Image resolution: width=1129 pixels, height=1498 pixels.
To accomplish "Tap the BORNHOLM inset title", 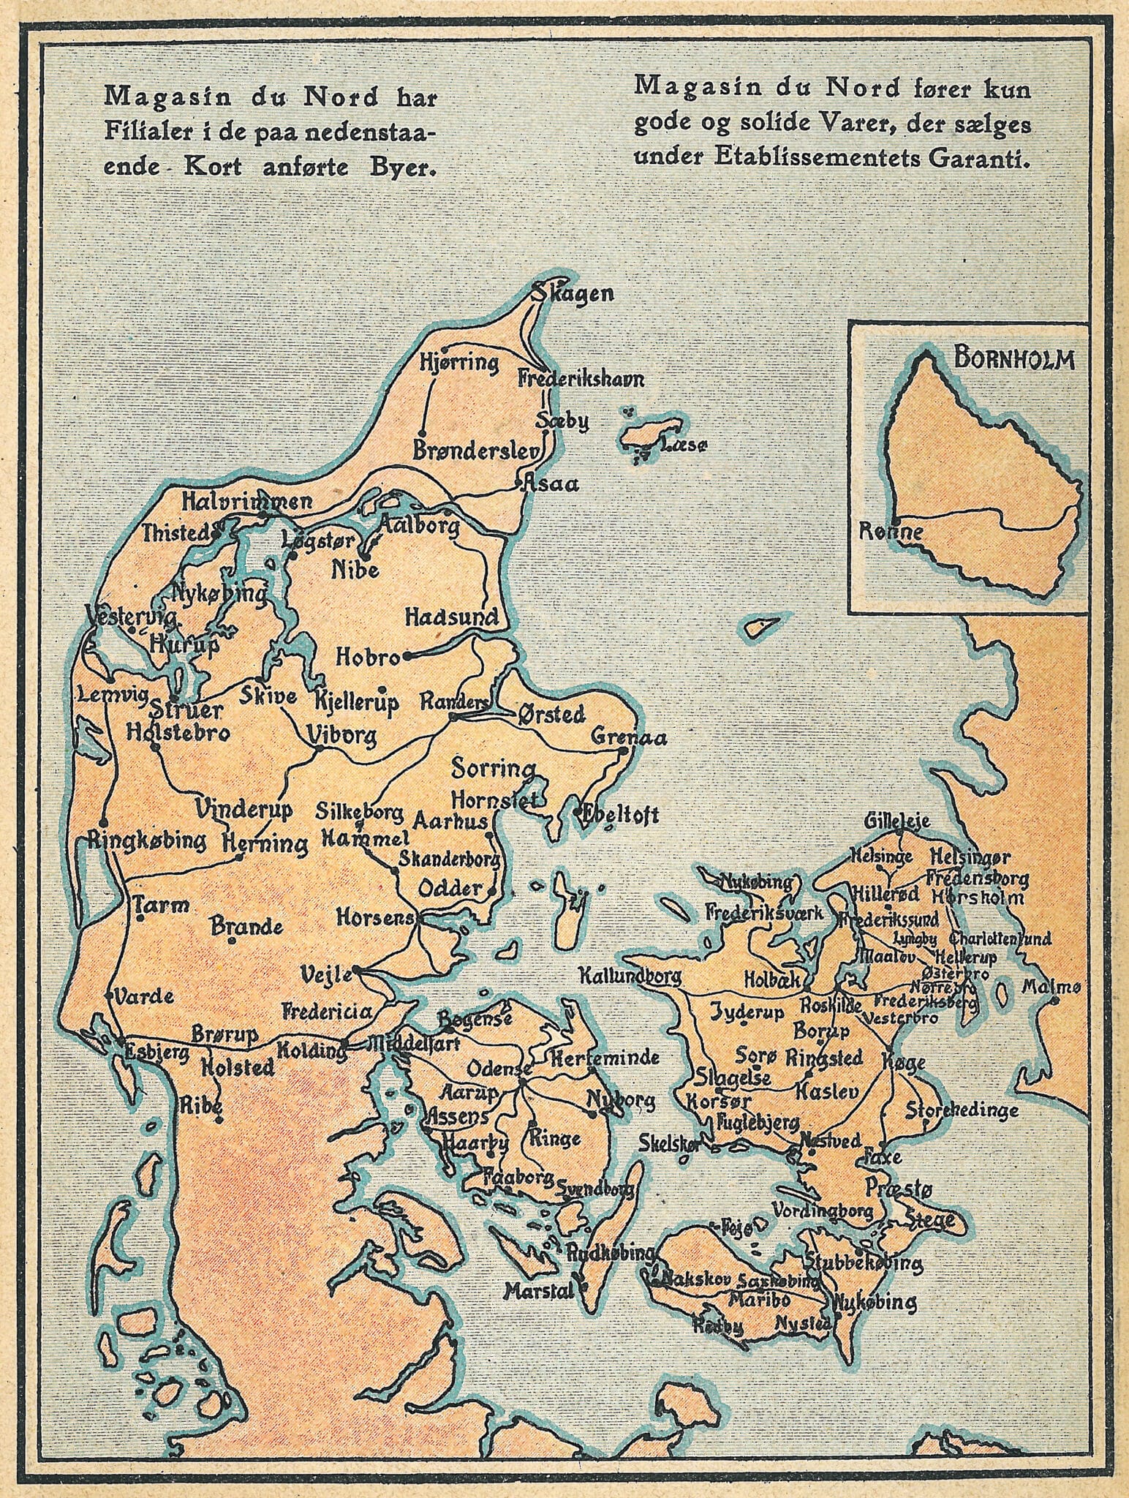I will (x=1014, y=361).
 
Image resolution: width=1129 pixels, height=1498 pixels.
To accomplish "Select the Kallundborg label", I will (x=630, y=975).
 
